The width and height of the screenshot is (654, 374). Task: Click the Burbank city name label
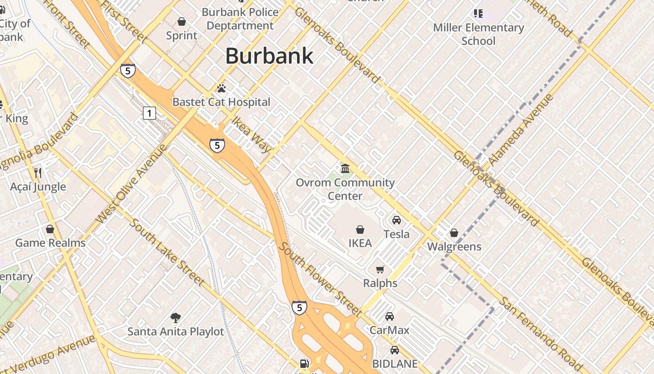point(270,56)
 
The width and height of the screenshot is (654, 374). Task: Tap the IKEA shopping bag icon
point(360,230)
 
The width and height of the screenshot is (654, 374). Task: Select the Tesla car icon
point(396,220)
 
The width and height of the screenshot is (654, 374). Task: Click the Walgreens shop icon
point(454,233)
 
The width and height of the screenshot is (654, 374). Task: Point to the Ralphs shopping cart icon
point(380,269)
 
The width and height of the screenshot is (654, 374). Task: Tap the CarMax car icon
point(390,316)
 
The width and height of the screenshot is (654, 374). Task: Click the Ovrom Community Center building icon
point(345,169)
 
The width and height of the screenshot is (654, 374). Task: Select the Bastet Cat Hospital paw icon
point(221,88)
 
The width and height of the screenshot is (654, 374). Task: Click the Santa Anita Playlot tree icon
point(176,318)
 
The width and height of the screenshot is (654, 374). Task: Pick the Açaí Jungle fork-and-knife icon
point(38,173)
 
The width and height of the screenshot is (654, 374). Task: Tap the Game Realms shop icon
point(50,229)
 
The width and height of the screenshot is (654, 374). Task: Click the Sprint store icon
point(182,22)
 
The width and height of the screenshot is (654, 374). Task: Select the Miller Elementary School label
point(478,34)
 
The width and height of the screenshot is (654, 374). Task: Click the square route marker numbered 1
point(149,113)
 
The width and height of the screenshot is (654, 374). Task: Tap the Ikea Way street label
point(252,135)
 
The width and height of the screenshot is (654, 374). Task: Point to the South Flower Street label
point(320,279)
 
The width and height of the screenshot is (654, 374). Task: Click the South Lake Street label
point(166,252)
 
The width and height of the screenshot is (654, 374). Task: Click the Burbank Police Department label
point(240,19)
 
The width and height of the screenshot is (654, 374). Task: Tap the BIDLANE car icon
point(395,350)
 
